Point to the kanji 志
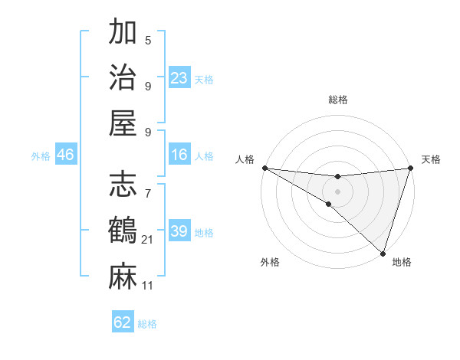tap(123, 185)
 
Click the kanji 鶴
tap(123, 231)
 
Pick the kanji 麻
tap(123, 276)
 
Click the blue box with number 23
tap(179, 78)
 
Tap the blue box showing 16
tap(179, 155)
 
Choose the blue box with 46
tap(66, 155)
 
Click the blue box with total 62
tap(123, 322)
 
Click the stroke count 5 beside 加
tap(148, 41)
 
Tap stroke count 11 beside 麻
tap(148, 286)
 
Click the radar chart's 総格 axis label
tap(338, 100)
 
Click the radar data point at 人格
tap(264, 167)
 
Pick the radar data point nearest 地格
tap(383, 252)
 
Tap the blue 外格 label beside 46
tap(41, 156)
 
